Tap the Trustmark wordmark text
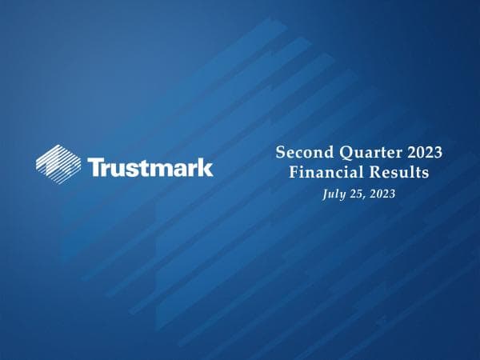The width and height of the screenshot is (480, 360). (x=150, y=167)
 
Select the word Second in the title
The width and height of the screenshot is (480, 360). (x=300, y=152)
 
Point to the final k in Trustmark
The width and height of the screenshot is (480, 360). (x=206, y=167)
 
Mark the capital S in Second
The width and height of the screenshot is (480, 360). (x=280, y=152)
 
